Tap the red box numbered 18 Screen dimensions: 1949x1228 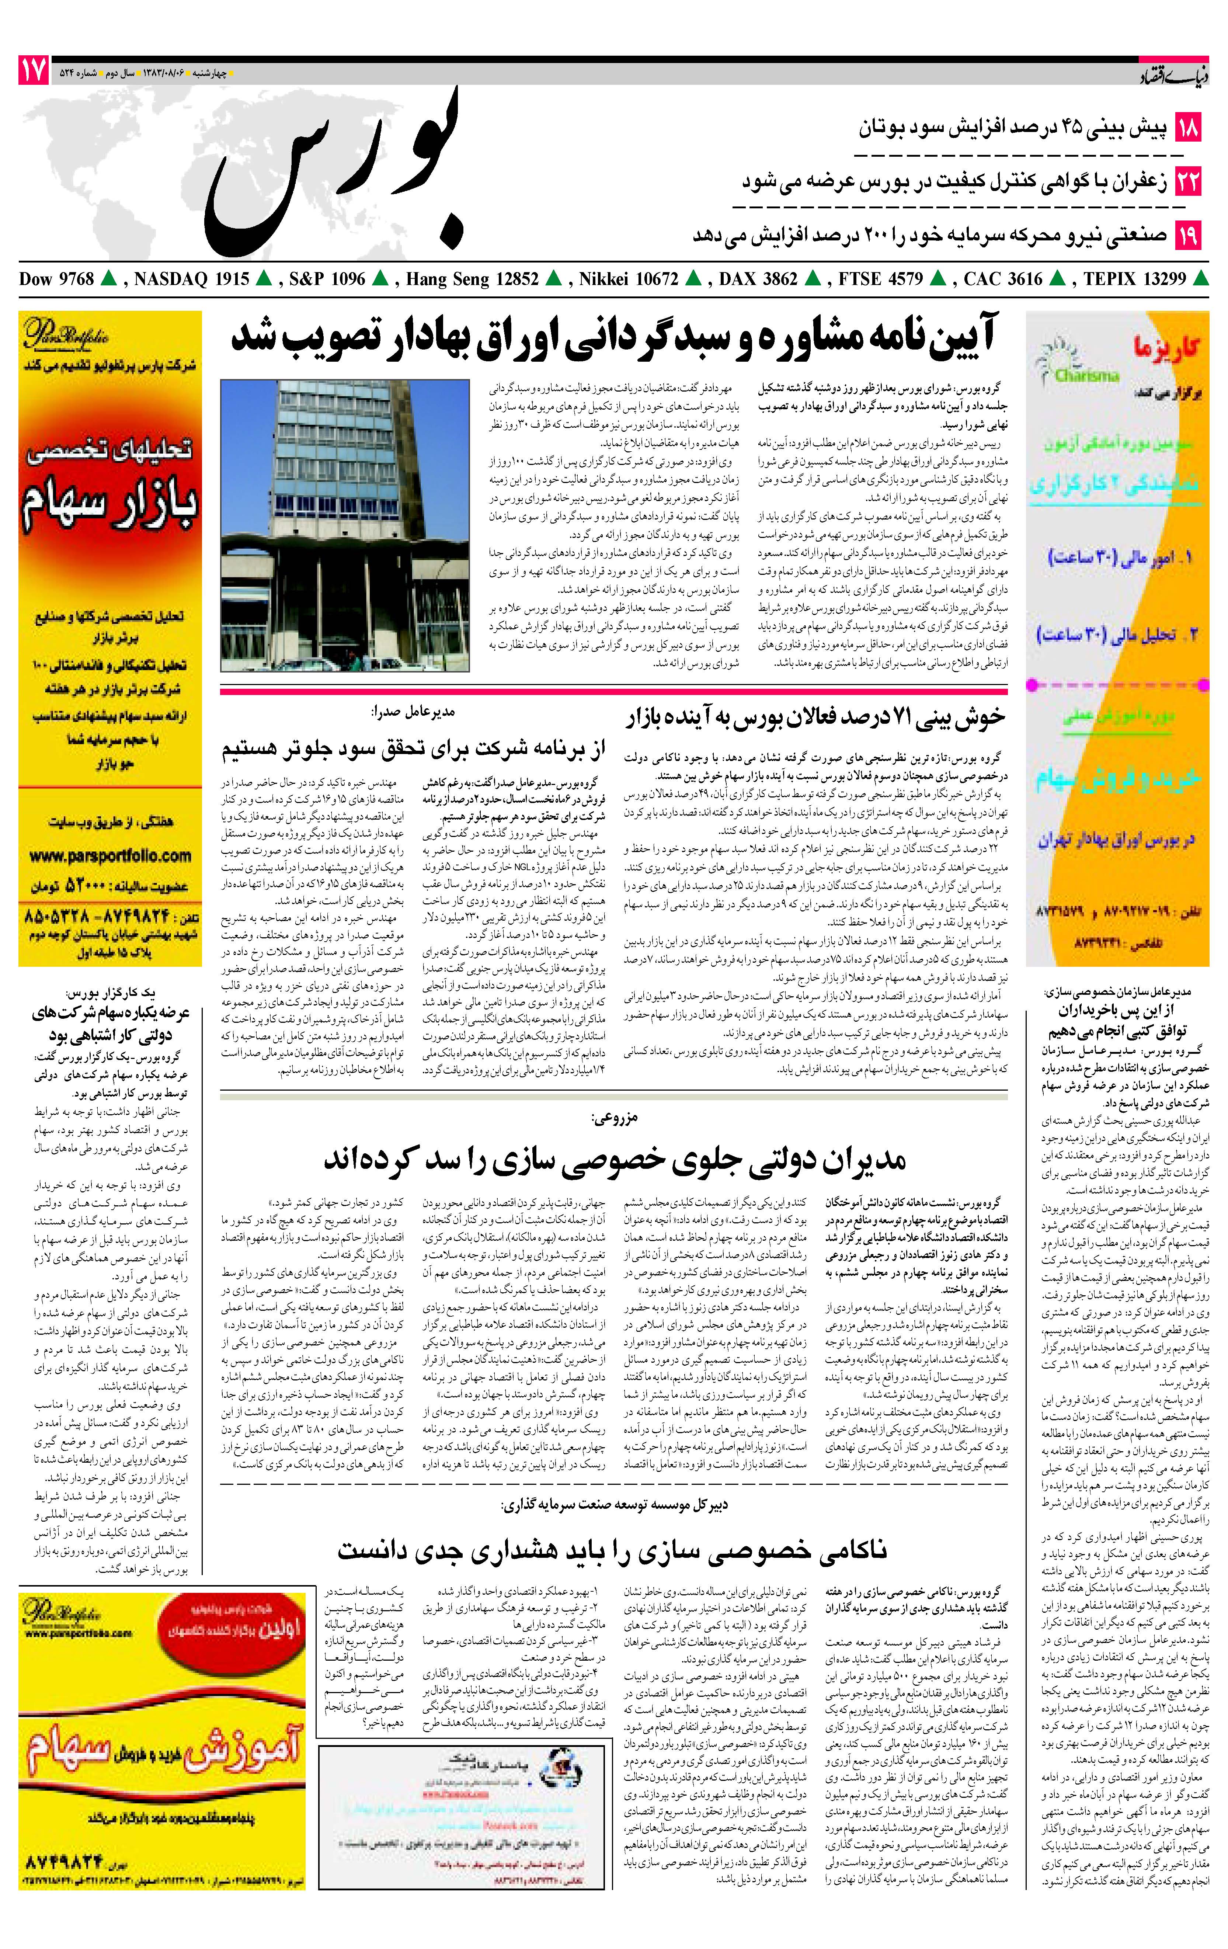(x=1187, y=128)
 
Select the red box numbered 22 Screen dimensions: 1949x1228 (x=1187, y=181)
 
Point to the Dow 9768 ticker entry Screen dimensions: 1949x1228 (x=57, y=279)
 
